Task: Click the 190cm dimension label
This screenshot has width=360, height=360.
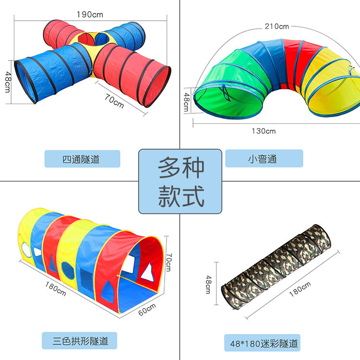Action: coord(90,14)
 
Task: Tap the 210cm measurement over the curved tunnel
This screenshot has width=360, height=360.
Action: coord(277,26)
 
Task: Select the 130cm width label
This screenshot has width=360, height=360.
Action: coord(264,131)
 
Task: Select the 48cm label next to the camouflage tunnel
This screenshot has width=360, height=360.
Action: coord(208,284)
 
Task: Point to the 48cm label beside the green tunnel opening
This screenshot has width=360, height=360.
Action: coord(187,101)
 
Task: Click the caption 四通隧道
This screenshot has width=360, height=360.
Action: coord(82,159)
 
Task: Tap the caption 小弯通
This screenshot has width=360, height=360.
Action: coord(264,159)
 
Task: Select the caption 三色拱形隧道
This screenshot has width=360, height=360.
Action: coord(80,341)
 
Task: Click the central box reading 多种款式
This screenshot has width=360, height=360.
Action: coord(180,181)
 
